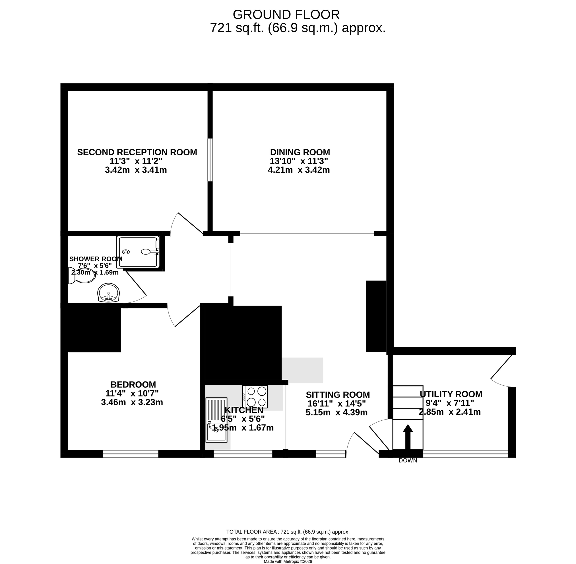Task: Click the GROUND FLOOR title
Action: (x=286, y=15)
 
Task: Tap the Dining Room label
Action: (x=300, y=152)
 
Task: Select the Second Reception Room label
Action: (x=137, y=152)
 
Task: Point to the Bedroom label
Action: (x=133, y=385)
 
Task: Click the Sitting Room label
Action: (x=338, y=395)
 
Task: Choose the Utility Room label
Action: (x=451, y=394)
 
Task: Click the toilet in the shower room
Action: (x=82, y=275)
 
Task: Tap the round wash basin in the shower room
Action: (x=108, y=293)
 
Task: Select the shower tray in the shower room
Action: (x=138, y=252)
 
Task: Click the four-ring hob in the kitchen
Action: (x=255, y=397)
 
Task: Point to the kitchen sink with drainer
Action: (x=216, y=420)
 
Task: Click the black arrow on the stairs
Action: (x=408, y=437)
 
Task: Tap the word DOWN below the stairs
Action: (x=408, y=461)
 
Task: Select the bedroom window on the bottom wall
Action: (x=130, y=454)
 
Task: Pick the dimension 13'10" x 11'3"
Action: (x=299, y=161)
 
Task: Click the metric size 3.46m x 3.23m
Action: (x=132, y=402)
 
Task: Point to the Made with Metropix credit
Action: (x=288, y=561)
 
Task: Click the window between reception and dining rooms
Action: (x=210, y=160)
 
